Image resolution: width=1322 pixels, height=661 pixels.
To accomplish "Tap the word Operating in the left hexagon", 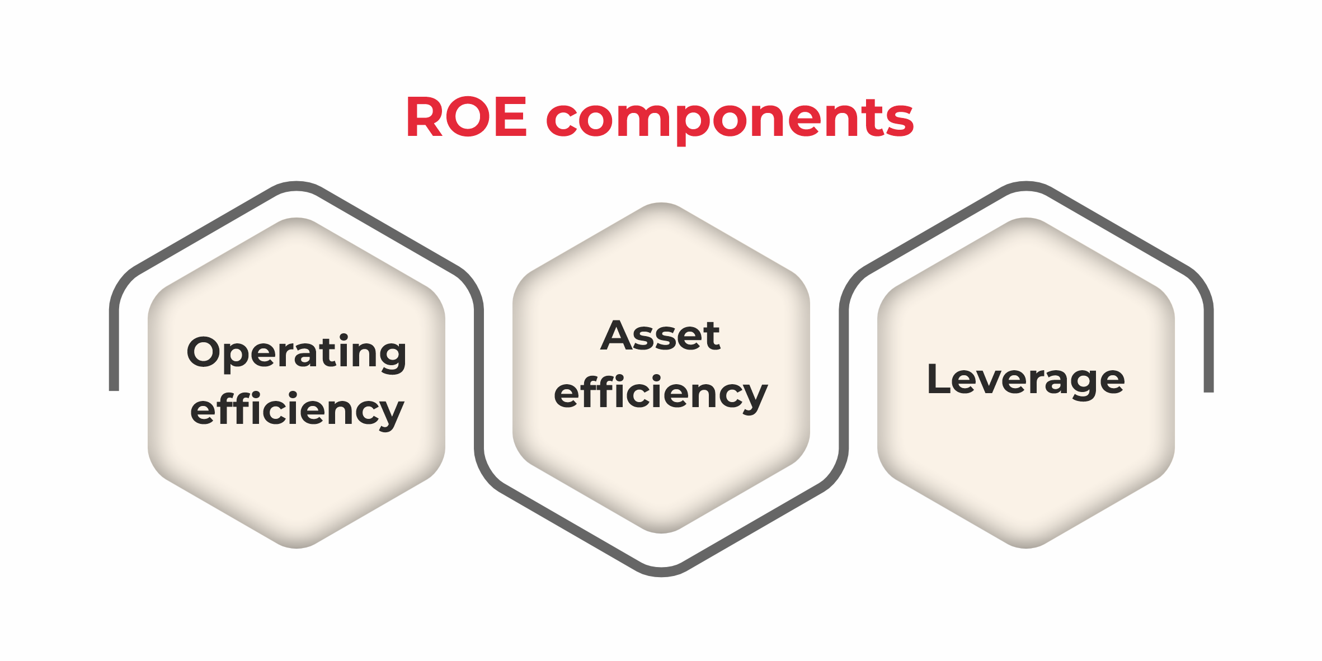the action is [x=297, y=353].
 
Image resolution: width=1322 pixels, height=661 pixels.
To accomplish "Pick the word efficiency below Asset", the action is [x=661, y=394].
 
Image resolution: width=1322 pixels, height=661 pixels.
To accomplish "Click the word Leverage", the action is [x=1025, y=381].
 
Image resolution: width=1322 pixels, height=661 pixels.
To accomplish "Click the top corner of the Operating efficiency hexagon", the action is [x=297, y=218].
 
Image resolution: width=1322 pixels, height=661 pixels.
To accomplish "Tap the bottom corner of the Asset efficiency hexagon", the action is [x=661, y=533].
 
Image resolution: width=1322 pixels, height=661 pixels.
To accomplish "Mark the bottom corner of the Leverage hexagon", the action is [x=1026, y=548].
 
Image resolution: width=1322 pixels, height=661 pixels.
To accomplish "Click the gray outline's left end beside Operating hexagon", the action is [x=114, y=390].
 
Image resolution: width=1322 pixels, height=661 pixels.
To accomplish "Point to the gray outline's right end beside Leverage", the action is [x=1208, y=391].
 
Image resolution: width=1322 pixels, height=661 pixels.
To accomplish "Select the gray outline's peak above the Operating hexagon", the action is [x=297, y=186].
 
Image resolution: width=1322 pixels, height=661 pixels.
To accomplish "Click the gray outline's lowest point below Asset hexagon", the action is [x=661, y=572].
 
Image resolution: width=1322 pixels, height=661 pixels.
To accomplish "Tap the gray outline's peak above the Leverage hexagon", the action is [x=1027, y=186].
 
